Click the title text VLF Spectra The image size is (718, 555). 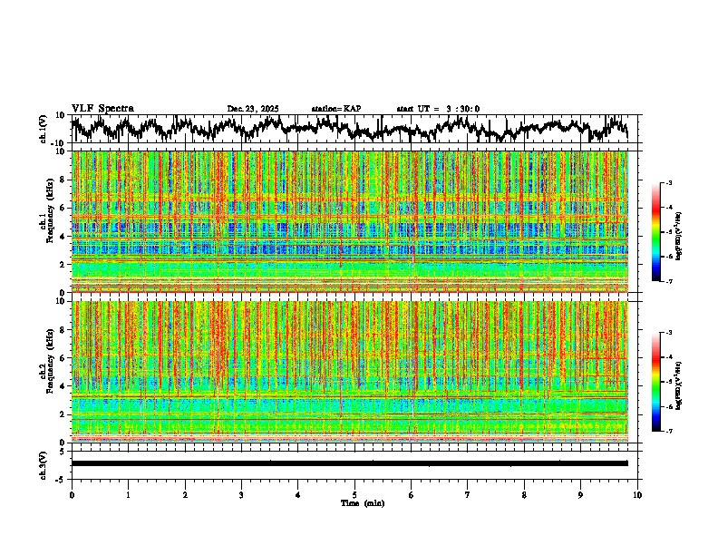click(102, 108)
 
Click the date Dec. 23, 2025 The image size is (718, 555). click(253, 109)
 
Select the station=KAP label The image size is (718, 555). click(335, 109)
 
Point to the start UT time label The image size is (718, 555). click(438, 109)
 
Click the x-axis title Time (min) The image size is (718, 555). click(362, 502)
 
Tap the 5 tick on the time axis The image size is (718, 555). click(354, 494)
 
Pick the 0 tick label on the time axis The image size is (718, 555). click(72, 494)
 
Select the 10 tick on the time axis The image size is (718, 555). click(637, 494)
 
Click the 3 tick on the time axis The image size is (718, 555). click(241, 494)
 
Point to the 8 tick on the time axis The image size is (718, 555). click(524, 494)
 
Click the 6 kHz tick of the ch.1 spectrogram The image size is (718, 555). click(63, 208)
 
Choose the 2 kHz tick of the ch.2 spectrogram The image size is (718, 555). click(63, 414)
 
